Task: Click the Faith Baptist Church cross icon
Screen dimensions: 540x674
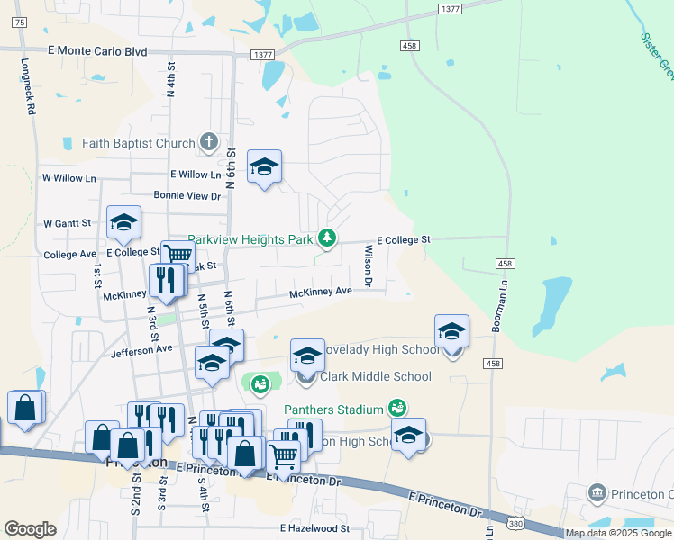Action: [x=209, y=142]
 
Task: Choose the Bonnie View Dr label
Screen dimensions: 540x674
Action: [x=187, y=196]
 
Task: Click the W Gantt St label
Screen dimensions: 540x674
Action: [x=68, y=223]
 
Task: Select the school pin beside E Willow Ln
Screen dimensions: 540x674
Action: [x=264, y=167]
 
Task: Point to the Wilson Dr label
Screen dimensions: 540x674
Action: [x=369, y=265]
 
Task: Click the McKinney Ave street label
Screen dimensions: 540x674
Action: [x=320, y=292]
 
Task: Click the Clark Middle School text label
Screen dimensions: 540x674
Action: [x=374, y=377]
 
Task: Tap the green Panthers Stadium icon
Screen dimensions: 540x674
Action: [x=396, y=409]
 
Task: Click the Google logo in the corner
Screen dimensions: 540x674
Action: [x=30, y=528]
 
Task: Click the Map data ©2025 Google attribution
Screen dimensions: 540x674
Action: [x=618, y=533]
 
